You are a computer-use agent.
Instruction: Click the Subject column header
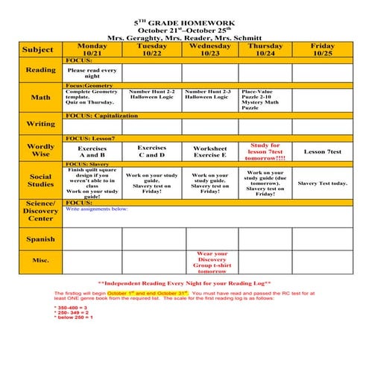tap(38, 49)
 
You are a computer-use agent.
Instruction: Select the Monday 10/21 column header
tap(92, 49)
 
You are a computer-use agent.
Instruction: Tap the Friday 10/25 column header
tap(323, 49)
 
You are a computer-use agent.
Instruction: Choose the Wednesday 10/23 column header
tap(209, 49)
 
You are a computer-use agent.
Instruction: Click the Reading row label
tap(41, 70)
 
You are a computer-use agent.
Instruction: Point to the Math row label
tap(41, 97)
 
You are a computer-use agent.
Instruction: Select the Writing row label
tap(41, 124)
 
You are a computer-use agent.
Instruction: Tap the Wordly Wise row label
tap(41, 150)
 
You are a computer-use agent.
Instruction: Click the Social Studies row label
tap(41, 180)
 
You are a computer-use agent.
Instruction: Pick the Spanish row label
tap(41, 239)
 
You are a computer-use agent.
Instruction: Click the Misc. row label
tap(41, 260)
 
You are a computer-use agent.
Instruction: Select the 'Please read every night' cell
tap(92, 72)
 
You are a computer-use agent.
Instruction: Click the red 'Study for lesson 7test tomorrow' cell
tap(265, 151)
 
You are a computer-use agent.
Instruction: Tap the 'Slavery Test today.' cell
tap(323, 183)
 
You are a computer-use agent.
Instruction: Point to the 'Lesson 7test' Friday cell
tap(323, 151)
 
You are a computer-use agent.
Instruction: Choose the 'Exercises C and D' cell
tap(152, 151)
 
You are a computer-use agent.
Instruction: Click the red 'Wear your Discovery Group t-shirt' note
tap(209, 262)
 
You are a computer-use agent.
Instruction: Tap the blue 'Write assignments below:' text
tap(97, 209)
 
